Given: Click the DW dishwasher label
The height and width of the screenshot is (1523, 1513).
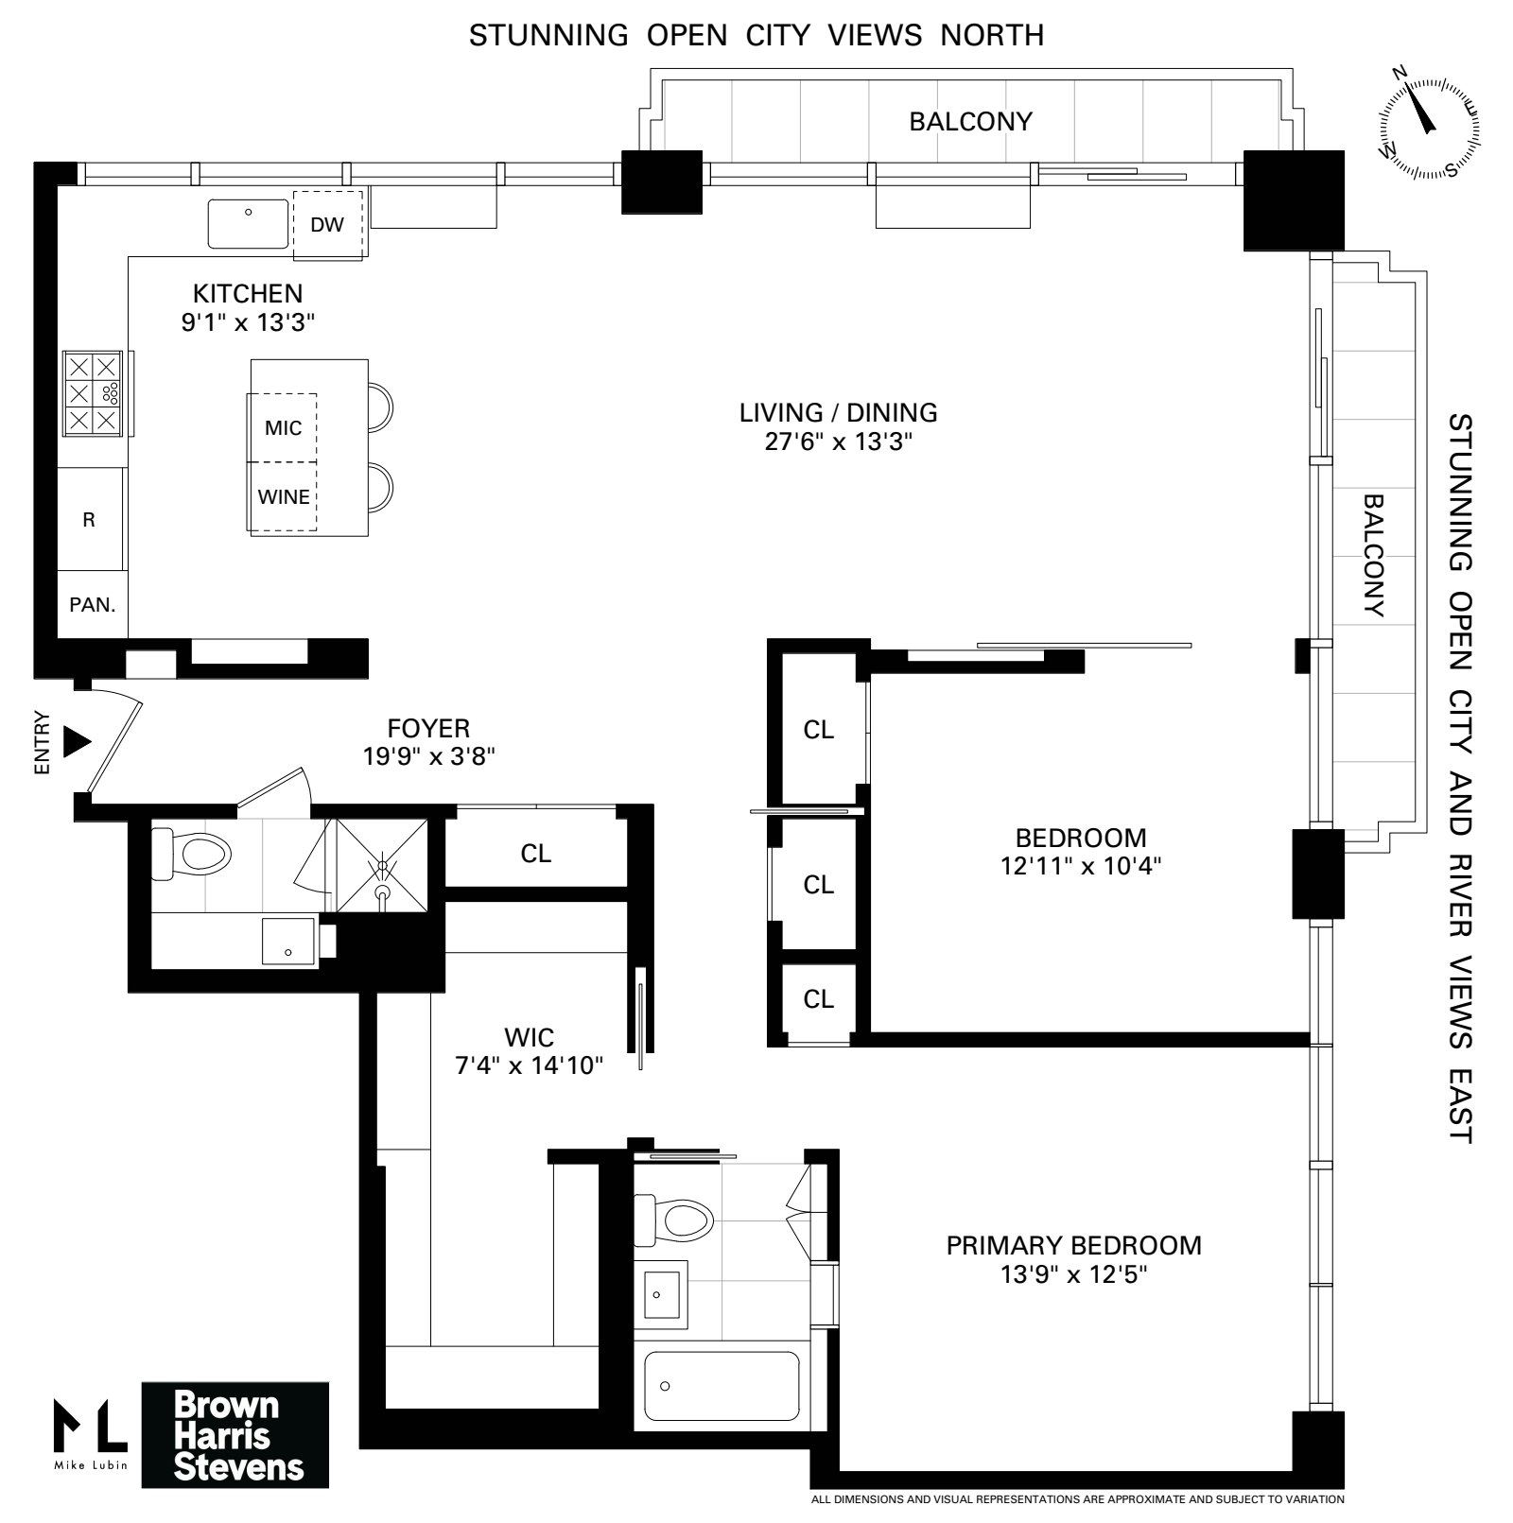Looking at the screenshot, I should click(x=327, y=225).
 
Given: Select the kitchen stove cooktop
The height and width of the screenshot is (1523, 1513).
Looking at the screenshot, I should click(x=94, y=393).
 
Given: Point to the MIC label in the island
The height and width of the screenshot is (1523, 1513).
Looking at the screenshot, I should click(x=283, y=428).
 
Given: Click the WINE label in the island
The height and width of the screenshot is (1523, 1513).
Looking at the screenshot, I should click(x=284, y=497).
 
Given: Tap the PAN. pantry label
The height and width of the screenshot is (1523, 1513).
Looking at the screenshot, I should click(x=93, y=605).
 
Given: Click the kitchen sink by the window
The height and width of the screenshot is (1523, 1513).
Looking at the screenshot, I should click(x=249, y=223).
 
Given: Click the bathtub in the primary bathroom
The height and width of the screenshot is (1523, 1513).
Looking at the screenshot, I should click(x=721, y=1386).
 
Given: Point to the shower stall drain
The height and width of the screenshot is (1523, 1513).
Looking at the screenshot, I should click(x=382, y=891).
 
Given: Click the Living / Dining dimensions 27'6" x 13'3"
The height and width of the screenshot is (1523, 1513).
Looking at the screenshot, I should click(x=839, y=441).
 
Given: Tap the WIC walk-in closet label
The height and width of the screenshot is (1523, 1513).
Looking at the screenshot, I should click(x=529, y=1037).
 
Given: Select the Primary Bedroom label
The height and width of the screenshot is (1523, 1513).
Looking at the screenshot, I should click(x=1073, y=1245).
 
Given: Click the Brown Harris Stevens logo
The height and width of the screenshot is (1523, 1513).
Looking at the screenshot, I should click(x=235, y=1435).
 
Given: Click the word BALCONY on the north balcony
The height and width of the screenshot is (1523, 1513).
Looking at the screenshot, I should click(x=970, y=122).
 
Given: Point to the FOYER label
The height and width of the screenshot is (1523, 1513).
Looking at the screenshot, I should click(x=428, y=728).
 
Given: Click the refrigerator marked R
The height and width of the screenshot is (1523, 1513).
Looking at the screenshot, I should click(x=90, y=520).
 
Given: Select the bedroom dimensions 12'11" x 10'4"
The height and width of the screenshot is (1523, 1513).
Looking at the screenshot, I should click(x=1080, y=865).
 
